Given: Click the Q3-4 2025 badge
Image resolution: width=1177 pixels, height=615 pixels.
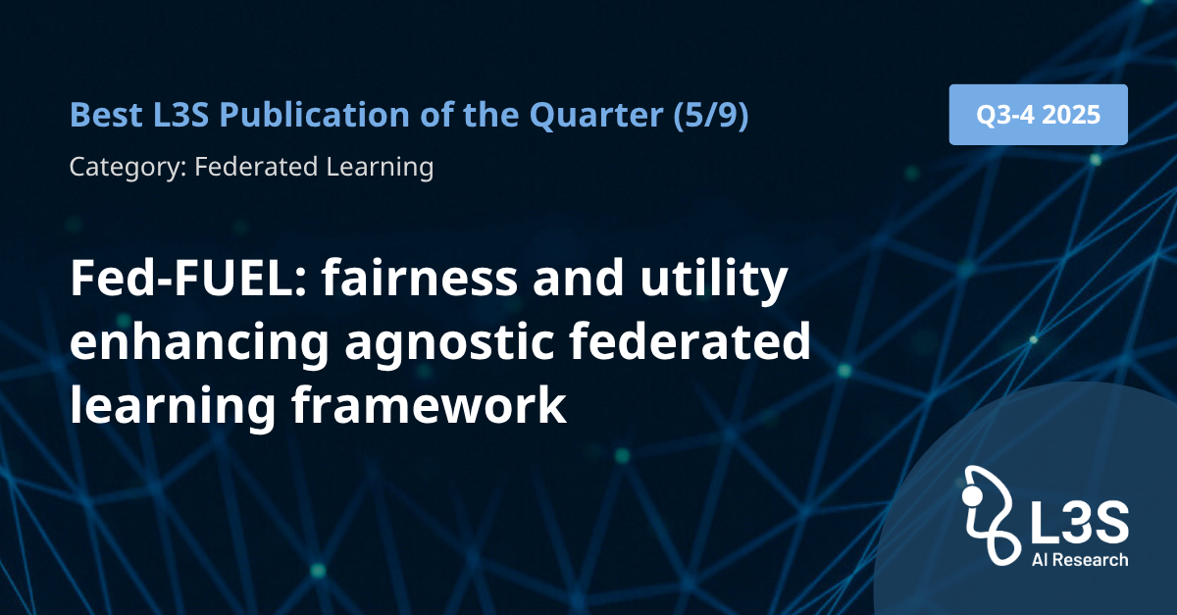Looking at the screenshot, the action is click(x=1039, y=115).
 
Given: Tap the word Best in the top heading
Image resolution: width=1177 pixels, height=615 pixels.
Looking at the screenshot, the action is click(x=106, y=114).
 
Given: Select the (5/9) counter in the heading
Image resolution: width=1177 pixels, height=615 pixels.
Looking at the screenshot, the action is click(x=711, y=115).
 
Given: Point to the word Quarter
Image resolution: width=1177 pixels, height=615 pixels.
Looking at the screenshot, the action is click(x=596, y=115).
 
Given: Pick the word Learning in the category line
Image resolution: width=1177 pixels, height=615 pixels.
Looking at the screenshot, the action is click(x=380, y=167).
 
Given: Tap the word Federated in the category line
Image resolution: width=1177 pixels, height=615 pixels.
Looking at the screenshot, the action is click(x=256, y=166).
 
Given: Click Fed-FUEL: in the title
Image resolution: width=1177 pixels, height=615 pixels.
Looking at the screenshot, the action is click(x=188, y=278).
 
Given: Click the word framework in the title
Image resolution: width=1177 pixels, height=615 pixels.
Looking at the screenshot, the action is click(x=429, y=404).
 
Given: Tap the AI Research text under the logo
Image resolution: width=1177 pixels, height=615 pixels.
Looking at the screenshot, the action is click(x=1080, y=560).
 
